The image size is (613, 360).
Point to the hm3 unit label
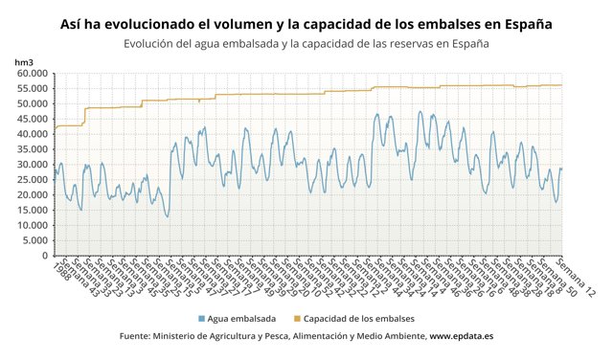click(23, 62)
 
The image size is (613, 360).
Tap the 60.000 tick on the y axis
click(31, 73)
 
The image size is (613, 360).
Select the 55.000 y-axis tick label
click(31, 88)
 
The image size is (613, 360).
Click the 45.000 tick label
click(31, 119)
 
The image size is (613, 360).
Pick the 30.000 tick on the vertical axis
click(31, 165)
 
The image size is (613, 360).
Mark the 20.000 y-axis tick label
click(31, 195)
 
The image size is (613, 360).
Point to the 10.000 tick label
click(31, 226)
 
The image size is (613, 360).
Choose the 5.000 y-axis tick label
click(34, 241)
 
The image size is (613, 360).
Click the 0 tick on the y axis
click(43, 257)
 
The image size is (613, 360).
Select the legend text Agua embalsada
click(241, 318)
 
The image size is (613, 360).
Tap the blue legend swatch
click(201, 318)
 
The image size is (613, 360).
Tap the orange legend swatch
click(297, 318)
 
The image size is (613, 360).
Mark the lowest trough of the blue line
click(167, 216)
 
